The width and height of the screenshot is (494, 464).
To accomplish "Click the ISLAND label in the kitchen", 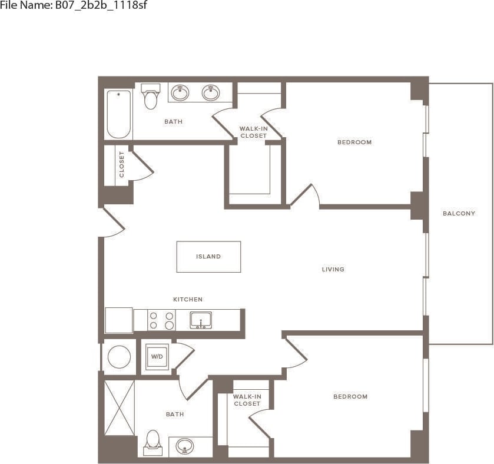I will pos(208,257).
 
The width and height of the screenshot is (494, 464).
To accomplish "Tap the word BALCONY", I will pos(459,213).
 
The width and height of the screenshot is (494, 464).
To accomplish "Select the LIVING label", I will pos(333,270).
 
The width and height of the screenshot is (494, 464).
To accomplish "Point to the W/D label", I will pos(157,357).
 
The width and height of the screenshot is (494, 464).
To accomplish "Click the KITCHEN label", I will pos(187,300).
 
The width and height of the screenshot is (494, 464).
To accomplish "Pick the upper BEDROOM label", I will pos(354,142).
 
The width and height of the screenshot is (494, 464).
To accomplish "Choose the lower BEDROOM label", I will pos(350,396).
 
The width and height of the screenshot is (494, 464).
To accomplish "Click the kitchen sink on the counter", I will pos(201,320).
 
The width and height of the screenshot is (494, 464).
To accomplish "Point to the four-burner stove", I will pos(161,320).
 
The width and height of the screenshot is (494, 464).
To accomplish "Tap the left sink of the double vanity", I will pos(180,92).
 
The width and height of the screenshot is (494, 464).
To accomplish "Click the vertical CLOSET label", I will pos(122,164).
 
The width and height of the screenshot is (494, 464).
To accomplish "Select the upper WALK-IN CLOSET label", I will pos(253,132).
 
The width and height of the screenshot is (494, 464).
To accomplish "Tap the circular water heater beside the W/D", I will pos(119,357).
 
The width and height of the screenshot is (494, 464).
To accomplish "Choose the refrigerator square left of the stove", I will pos(119,320).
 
